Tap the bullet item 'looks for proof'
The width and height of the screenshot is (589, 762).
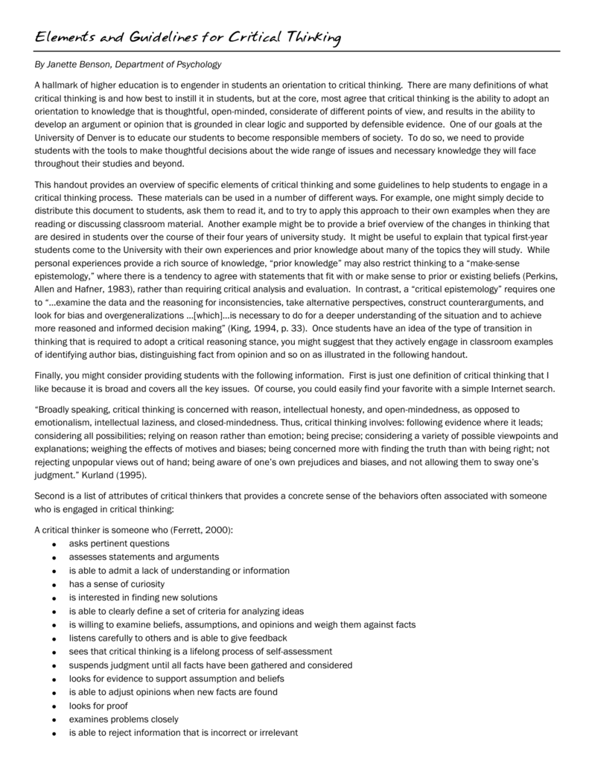(x=98, y=705)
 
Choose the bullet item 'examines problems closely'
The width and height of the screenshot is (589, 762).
(x=124, y=719)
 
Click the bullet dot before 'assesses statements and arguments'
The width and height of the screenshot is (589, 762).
(x=55, y=557)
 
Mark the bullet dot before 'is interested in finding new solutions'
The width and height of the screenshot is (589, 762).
(x=55, y=598)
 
